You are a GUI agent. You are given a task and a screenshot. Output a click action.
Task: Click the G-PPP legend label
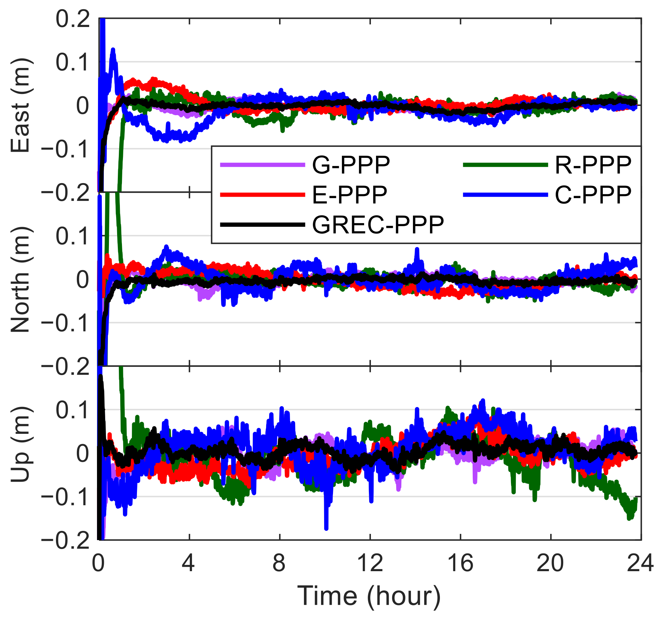tap(351, 165)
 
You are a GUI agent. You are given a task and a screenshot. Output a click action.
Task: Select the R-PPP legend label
tap(593, 165)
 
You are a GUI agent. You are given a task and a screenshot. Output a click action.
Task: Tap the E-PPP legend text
tap(349, 195)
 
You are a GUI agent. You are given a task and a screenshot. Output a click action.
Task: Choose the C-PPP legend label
tap(593, 195)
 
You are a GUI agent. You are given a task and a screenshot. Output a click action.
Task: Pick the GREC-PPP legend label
tap(378, 225)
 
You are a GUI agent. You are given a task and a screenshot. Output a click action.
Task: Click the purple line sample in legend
tap(262, 165)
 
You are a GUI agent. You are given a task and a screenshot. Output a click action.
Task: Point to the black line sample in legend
tap(262, 225)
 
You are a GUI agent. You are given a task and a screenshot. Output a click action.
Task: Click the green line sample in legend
tap(505, 165)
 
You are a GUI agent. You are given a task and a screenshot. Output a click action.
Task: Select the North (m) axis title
tap(21, 279)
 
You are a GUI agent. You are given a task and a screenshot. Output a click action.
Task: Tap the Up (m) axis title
tap(21, 444)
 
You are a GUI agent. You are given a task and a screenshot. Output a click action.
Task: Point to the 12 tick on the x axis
tap(370, 563)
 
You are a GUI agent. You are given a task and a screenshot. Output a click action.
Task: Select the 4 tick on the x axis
tap(189, 563)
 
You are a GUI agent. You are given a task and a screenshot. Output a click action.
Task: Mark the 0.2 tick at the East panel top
tap(73, 19)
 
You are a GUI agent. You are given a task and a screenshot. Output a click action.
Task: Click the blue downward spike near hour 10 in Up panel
tap(326, 526)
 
